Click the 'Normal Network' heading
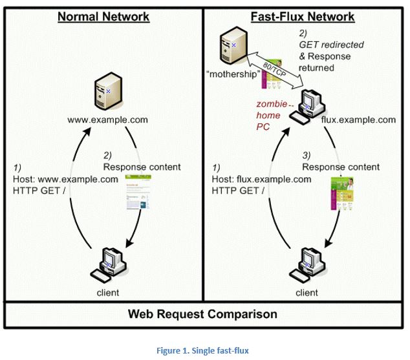click(x=103, y=17)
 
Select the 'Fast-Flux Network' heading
click(x=303, y=17)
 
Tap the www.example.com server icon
click(x=108, y=90)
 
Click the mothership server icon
click(x=233, y=45)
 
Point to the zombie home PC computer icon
click(x=308, y=107)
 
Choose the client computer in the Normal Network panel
click(x=109, y=265)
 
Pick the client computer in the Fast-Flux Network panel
click(x=307, y=265)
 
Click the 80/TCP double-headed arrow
click(x=274, y=70)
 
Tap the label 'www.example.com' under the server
click(x=107, y=120)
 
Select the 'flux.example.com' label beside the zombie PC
click(x=358, y=120)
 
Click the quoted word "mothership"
click(x=233, y=74)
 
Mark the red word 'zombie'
click(x=272, y=104)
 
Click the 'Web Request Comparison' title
click(x=202, y=314)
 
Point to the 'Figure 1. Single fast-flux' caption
click(x=202, y=350)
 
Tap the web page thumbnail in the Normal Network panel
click(x=138, y=192)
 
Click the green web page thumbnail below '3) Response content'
click(x=342, y=194)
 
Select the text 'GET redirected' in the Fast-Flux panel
click(x=331, y=45)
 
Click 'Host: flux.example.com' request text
click(x=261, y=180)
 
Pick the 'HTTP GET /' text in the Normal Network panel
click(x=39, y=191)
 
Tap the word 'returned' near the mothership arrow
click(x=316, y=68)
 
